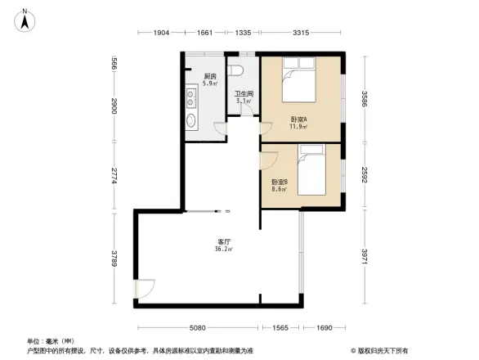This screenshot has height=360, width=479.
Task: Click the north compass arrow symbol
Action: [25, 20]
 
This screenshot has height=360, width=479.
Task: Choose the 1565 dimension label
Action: [280, 328]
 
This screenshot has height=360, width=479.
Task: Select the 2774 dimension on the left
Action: [115, 177]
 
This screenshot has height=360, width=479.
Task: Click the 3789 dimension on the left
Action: [115, 258]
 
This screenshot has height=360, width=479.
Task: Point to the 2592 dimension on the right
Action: [365, 176]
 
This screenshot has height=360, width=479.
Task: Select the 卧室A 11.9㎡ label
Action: [298, 123]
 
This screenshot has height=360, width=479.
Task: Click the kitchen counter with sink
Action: [191, 111]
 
